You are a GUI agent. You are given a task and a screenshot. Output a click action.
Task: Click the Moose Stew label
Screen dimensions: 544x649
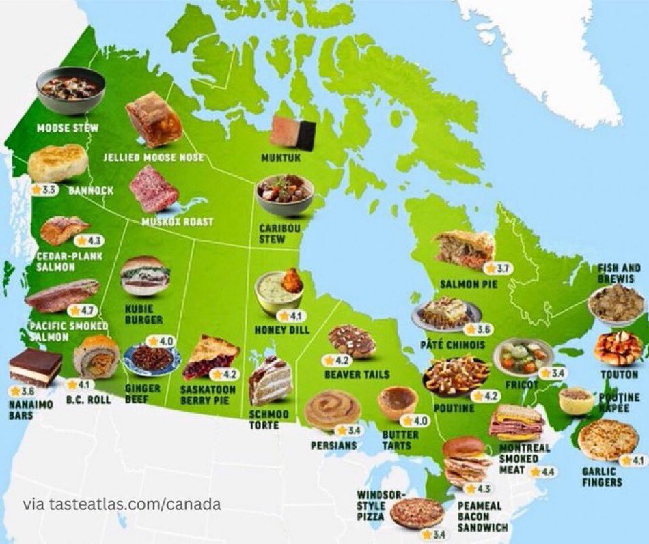68,128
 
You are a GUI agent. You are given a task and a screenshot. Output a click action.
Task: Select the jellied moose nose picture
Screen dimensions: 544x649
153,119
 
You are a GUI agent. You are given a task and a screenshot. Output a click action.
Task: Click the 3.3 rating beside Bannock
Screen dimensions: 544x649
44,190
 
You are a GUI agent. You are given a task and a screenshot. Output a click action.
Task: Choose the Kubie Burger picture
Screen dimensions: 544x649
145,275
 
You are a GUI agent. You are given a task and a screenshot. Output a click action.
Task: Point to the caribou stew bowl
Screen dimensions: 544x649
284,194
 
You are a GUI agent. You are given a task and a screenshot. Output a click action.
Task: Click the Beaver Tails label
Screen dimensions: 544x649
357,375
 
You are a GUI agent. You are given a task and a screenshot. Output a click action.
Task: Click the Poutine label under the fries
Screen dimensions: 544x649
453,408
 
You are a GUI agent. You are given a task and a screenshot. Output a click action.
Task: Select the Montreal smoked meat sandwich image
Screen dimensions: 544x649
516,423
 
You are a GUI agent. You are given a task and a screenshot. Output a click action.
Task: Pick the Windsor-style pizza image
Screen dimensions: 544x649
417,513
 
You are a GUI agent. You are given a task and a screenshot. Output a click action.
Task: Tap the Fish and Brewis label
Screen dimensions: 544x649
619,273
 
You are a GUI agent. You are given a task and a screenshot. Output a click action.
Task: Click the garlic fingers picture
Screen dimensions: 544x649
607,440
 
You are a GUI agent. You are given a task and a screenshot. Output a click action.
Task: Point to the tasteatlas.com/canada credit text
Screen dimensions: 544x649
122,505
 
